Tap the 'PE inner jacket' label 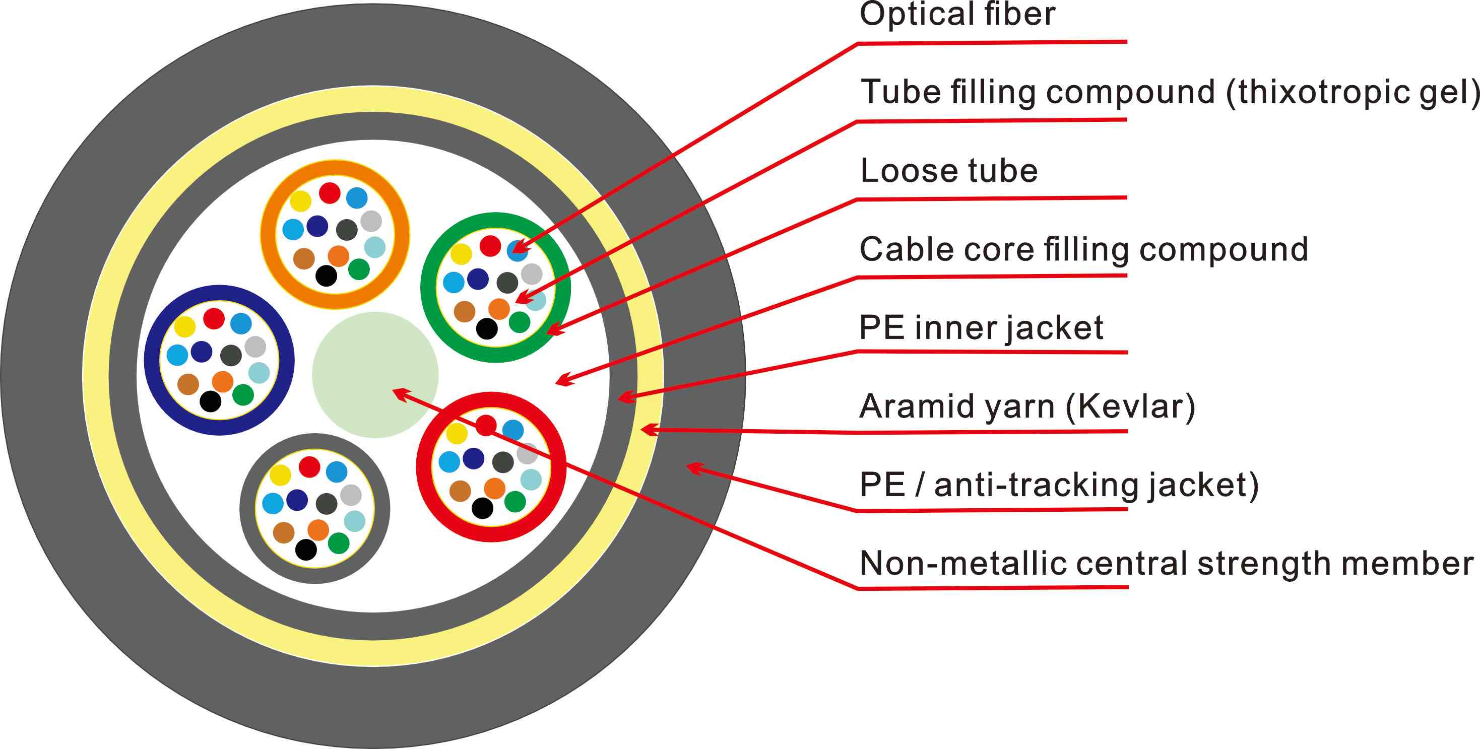pos(981,328)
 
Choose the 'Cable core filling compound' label pos(1083,249)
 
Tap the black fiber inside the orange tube pos(327,276)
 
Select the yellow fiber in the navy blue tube pos(184,326)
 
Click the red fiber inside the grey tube pos(310,467)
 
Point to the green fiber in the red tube pos(515,502)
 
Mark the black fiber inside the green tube pos(487,328)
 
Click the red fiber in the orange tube pos(330,193)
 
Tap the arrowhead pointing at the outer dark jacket pos(692,467)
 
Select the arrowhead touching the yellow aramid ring pos(647,429)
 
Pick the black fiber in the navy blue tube pos(210,401)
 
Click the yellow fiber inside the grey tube pos(280,475)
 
